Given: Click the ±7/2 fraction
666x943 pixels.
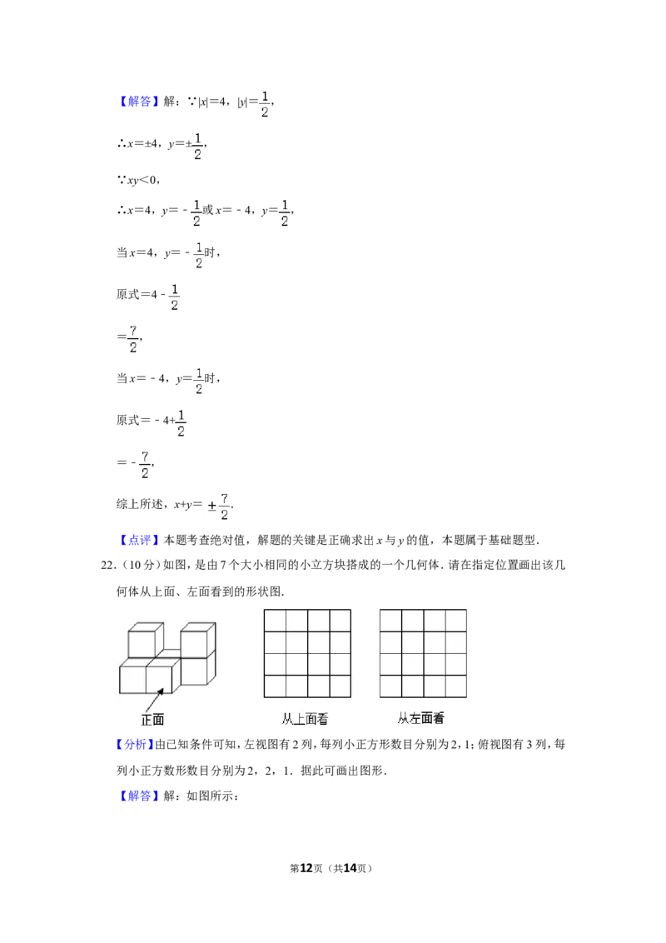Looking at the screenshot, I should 217,506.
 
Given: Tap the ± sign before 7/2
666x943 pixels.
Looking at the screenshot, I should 212,506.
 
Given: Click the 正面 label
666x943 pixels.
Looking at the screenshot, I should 152,719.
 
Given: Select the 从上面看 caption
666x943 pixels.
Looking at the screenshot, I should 305,719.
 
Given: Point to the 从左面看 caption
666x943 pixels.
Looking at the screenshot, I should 420,718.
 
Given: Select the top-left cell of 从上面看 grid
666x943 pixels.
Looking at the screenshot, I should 276,621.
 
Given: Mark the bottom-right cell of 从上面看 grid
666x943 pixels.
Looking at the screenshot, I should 340,686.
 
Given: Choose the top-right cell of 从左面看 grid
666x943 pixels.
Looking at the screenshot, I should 455,621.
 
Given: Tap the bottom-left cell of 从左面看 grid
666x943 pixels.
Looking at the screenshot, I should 391,686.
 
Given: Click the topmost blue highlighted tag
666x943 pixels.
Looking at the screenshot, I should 139,103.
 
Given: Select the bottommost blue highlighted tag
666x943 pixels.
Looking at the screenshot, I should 139,797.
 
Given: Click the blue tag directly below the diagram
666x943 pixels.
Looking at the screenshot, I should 133,745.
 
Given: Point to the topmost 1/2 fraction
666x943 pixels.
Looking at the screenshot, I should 264,104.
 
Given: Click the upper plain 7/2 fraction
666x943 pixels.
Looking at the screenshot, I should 133,339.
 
